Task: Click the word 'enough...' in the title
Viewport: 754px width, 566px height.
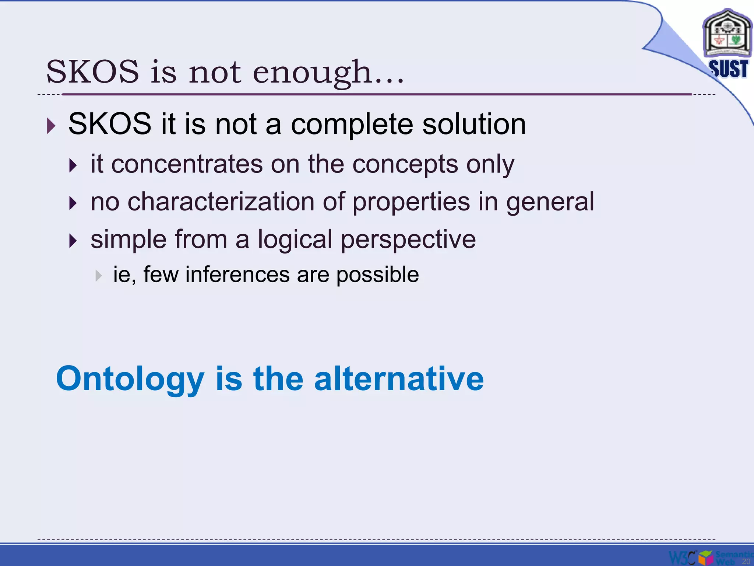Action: coord(328,72)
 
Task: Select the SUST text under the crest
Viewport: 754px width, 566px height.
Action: coord(728,69)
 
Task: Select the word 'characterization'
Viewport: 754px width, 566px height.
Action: coord(221,202)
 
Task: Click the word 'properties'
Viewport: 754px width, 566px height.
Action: coord(411,203)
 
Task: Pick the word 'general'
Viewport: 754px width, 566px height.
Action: coord(550,203)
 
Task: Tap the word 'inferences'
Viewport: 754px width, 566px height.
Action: coord(237,275)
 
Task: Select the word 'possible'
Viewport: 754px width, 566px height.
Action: coord(377,275)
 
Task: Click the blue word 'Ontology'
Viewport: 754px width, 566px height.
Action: coord(130,380)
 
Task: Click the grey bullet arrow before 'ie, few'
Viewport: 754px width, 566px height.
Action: coord(98,276)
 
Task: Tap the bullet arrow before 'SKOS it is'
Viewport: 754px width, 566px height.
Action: coord(51,126)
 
